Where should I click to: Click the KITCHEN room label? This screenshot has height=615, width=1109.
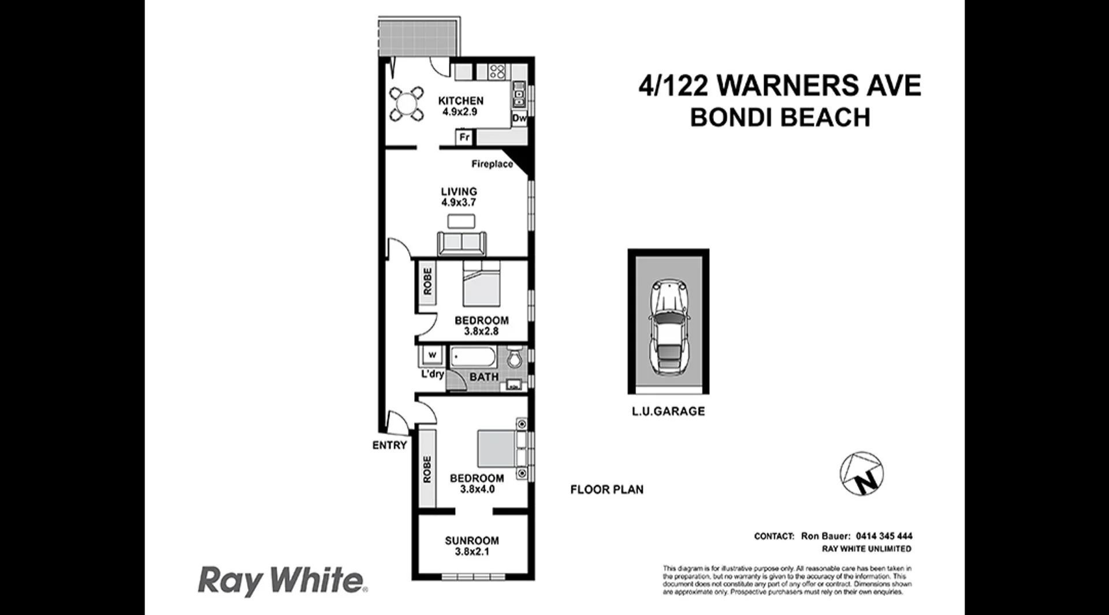[460, 100]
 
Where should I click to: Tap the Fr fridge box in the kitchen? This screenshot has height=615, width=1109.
[464, 137]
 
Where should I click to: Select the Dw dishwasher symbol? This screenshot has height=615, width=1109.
[519, 118]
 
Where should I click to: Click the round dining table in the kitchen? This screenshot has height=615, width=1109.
[404, 104]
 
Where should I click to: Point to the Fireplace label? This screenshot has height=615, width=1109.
[492, 164]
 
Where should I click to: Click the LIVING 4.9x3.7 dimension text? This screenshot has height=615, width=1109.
[459, 203]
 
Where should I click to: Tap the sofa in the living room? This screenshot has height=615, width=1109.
[462, 243]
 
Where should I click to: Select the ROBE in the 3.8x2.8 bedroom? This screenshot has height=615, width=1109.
[427, 281]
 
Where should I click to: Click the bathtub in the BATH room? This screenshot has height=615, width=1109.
[473, 357]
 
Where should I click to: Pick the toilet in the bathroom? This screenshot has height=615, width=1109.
[514, 358]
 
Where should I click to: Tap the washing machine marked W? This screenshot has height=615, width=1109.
[431, 355]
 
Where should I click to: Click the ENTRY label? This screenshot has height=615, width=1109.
[389, 445]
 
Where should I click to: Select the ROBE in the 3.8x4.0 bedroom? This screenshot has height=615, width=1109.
[427, 469]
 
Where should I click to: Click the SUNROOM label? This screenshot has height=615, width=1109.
[471, 541]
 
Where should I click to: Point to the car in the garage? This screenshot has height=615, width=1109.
[668, 328]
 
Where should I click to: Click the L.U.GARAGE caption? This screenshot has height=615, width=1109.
[668, 411]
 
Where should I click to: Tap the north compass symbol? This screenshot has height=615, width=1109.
[861, 474]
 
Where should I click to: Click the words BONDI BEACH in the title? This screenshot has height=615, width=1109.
[780, 118]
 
